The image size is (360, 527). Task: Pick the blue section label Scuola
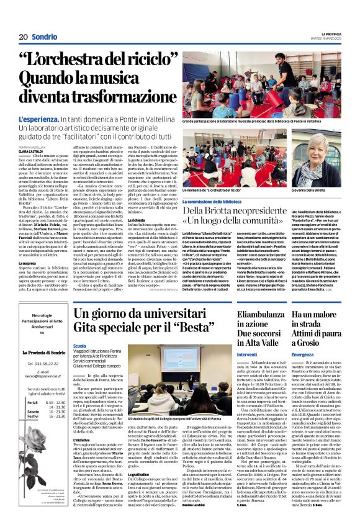(80, 345)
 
